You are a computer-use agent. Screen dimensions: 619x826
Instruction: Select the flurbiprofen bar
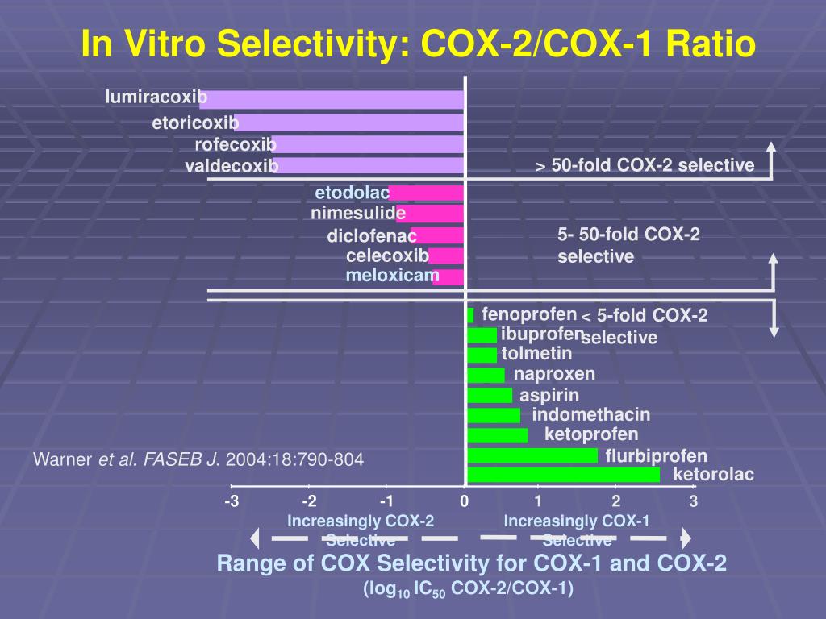(x=532, y=455)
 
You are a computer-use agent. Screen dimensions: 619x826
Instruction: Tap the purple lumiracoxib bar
(x=339, y=99)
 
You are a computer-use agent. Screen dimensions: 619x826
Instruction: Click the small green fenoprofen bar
(x=470, y=315)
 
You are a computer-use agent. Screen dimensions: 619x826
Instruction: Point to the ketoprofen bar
(x=498, y=435)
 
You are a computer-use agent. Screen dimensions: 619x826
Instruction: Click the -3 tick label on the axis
(x=232, y=502)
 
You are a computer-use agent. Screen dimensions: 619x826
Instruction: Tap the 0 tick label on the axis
(x=465, y=502)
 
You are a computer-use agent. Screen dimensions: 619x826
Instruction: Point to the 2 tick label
(x=615, y=502)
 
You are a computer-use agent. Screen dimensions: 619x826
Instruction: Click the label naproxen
(x=554, y=374)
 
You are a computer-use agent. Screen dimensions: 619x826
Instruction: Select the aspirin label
(x=549, y=395)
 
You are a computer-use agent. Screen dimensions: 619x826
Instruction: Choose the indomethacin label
(x=590, y=415)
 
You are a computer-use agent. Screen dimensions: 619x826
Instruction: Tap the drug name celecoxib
(x=387, y=256)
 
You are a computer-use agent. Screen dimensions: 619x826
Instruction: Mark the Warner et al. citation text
(x=198, y=460)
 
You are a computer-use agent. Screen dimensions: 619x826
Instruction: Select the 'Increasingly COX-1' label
(x=577, y=521)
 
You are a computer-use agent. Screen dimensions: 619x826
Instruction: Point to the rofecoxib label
(x=236, y=145)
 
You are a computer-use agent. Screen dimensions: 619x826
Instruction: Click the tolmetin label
(x=536, y=354)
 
